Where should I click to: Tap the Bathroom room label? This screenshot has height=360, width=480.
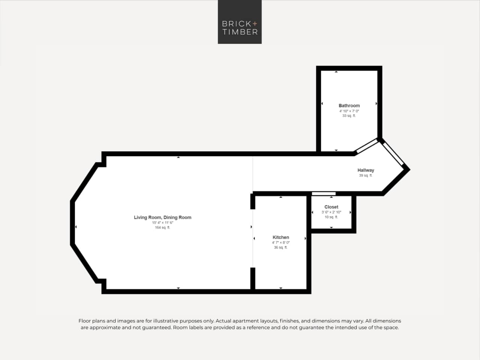tap(349, 106)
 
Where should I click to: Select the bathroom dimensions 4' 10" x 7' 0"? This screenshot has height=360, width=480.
tap(349, 111)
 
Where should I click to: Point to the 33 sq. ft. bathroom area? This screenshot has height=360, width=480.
tap(349, 116)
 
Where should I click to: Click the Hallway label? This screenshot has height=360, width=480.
tap(366, 170)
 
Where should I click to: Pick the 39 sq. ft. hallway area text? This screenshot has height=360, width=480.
tap(366, 176)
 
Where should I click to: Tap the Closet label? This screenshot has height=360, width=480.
tap(331, 207)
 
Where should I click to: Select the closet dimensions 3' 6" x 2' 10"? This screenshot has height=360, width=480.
tap(331, 212)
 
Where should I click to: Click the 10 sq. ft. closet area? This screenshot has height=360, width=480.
tap(331, 217)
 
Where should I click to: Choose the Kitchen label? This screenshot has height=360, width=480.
tap(281, 238)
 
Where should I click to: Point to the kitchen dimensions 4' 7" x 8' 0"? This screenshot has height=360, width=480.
tap(281, 243)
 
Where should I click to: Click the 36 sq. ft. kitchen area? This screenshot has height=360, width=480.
tap(281, 248)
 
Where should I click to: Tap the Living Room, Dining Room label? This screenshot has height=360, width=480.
tap(163, 218)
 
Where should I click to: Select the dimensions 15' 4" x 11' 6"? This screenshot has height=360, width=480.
tap(163, 223)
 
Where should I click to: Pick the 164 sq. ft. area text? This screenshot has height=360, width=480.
tap(163, 228)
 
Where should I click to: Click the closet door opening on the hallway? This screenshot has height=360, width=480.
tap(324, 194)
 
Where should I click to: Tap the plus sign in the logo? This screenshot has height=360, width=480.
tap(255, 24)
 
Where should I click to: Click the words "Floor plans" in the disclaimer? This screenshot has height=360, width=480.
tap(92, 321)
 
